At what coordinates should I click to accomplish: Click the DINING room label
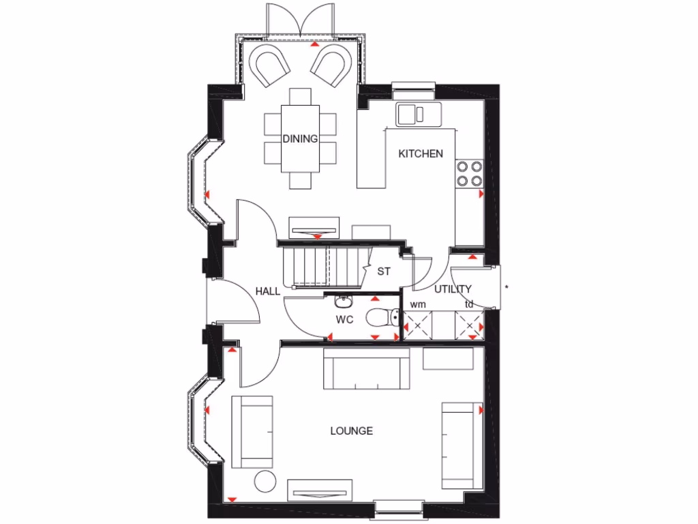[x=301, y=139]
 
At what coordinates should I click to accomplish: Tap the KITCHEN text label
[x=421, y=154]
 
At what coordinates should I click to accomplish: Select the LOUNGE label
[x=352, y=431]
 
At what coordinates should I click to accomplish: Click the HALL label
[x=268, y=291]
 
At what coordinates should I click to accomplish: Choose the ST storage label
[x=384, y=271]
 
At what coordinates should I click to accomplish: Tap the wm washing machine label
[x=418, y=304]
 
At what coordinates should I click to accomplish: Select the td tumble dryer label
[x=469, y=304]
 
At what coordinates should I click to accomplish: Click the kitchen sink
[x=417, y=114]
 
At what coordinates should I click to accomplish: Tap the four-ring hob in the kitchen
[x=469, y=173]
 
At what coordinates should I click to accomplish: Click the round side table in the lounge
[x=264, y=480]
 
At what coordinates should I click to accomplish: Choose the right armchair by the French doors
[x=330, y=66]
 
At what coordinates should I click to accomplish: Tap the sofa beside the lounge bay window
[x=253, y=431]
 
